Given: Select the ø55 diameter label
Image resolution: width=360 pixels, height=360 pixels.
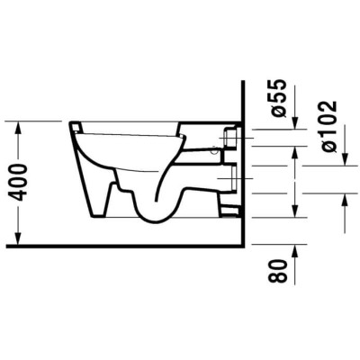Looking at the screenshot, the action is point(275,98).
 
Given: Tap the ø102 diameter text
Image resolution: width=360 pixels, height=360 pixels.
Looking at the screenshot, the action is point(328,127).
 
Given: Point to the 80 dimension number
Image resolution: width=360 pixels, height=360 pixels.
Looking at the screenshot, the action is point(275,272).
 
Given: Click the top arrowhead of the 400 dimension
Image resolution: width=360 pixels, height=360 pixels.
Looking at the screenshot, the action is point(18,127).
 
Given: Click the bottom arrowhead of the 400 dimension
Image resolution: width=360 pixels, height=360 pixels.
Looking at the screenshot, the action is point(18,238).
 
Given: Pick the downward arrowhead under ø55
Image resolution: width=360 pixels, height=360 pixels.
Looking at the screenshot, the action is point(295,123).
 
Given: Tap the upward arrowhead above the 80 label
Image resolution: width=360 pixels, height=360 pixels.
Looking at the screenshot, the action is point(295,250).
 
